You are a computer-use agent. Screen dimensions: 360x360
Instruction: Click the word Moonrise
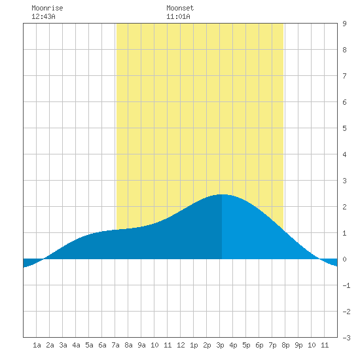tap(47, 8)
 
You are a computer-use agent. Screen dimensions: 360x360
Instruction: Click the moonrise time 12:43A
tap(43, 16)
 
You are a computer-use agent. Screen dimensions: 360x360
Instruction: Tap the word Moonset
tap(180, 8)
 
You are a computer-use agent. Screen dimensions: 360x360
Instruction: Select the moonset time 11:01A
tap(178, 16)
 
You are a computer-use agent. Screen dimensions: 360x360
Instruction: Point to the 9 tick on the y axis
tap(344, 24)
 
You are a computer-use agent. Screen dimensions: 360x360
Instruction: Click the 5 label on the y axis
tap(344, 128)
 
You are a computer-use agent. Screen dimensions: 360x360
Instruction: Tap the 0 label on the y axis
tap(344, 259)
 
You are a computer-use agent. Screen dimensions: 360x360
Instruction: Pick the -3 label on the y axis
tap(346, 338)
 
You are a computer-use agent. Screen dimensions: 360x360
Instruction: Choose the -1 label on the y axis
tap(346, 285)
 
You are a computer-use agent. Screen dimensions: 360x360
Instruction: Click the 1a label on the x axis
tap(37, 345)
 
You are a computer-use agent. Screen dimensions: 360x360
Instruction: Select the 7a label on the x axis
tap(115, 345)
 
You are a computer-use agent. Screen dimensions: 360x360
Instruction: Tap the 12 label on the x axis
tap(181, 345)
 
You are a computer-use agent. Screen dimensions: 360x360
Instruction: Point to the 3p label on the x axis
tap(220, 345)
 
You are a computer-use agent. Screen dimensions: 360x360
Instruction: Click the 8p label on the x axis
tap(285, 345)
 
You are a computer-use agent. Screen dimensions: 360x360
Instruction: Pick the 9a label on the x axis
tap(141, 345)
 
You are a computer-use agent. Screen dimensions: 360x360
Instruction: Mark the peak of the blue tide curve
tap(222, 194)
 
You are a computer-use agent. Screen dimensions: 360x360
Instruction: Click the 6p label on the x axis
tap(259, 345)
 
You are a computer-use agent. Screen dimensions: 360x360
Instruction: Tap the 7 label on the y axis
tap(344, 76)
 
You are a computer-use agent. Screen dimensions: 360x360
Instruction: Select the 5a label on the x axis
tap(89, 345)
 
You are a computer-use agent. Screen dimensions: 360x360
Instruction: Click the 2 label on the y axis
tap(344, 207)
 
